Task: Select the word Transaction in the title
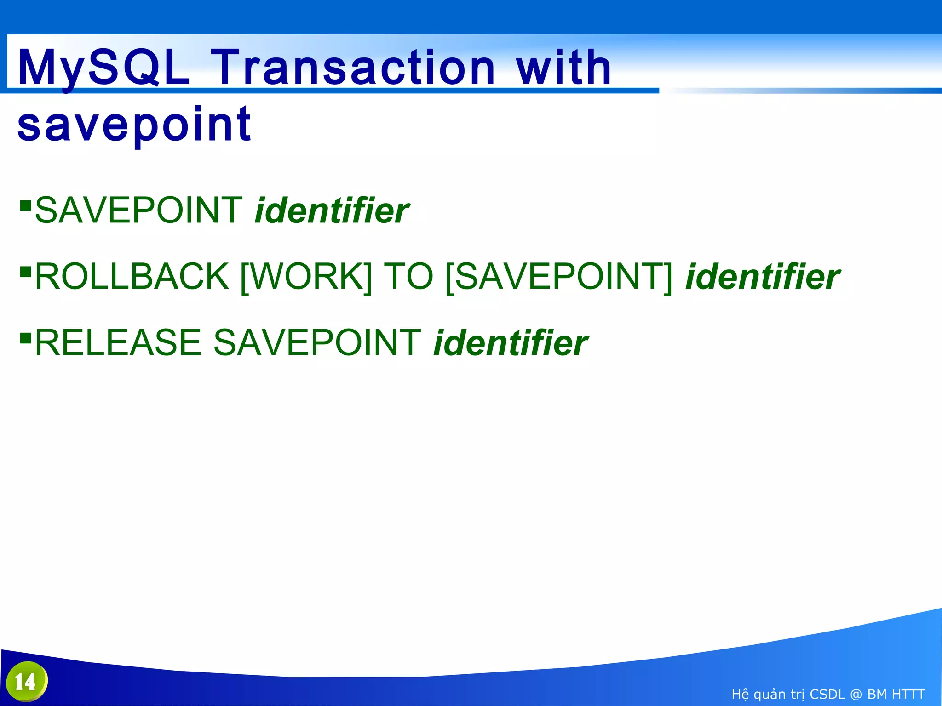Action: coord(353,68)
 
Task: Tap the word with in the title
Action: coord(564,68)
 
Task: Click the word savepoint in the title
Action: coord(134,124)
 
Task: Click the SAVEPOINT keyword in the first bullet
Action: coord(139,211)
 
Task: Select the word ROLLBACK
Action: coord(132,277)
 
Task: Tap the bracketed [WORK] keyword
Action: coord(306,277)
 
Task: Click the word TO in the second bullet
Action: coord(408,277)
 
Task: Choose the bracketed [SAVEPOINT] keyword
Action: coord(559,277)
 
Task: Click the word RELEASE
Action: coord(118,343)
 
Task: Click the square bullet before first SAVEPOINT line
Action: coord(25,205)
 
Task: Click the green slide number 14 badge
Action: coord(27,682)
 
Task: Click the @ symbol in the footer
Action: coord(856,694)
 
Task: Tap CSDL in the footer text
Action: coord(827,694)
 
